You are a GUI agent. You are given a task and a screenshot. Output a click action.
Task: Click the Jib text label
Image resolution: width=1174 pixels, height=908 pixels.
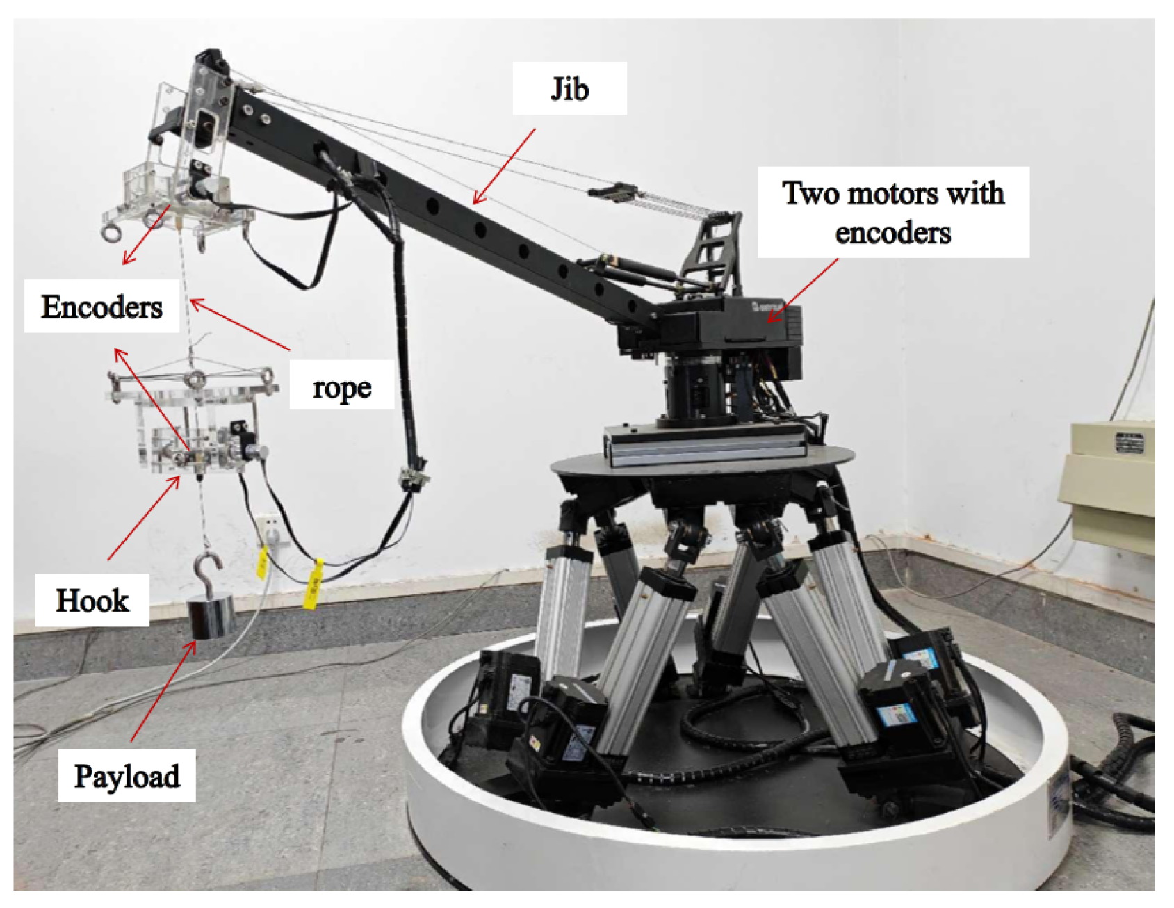click(x=569, y=89)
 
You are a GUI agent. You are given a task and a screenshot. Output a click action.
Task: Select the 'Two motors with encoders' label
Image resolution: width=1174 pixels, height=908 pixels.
click(x=893, y=212)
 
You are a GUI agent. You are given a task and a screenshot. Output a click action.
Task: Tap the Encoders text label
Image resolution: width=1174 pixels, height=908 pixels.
click(x=101, y=307)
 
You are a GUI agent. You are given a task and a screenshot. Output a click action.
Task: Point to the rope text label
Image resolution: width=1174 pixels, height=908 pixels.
click(x=341, y=387)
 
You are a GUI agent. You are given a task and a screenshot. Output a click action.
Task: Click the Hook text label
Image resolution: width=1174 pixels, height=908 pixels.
click(x=92, y=600)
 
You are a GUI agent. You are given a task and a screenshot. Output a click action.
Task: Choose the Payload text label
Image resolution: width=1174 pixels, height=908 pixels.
click(x=127, y=776)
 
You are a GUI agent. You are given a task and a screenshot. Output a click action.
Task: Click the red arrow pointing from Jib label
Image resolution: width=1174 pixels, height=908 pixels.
click(x=505, y=166)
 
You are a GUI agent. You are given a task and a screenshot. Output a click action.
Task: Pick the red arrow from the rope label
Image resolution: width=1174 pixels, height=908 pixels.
click(x=240, y=324)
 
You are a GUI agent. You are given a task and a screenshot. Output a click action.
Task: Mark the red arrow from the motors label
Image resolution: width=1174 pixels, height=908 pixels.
click(x=803, y=291)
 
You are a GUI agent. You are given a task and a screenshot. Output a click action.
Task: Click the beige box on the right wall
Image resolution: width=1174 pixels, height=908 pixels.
click(x=1111, y=480)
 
